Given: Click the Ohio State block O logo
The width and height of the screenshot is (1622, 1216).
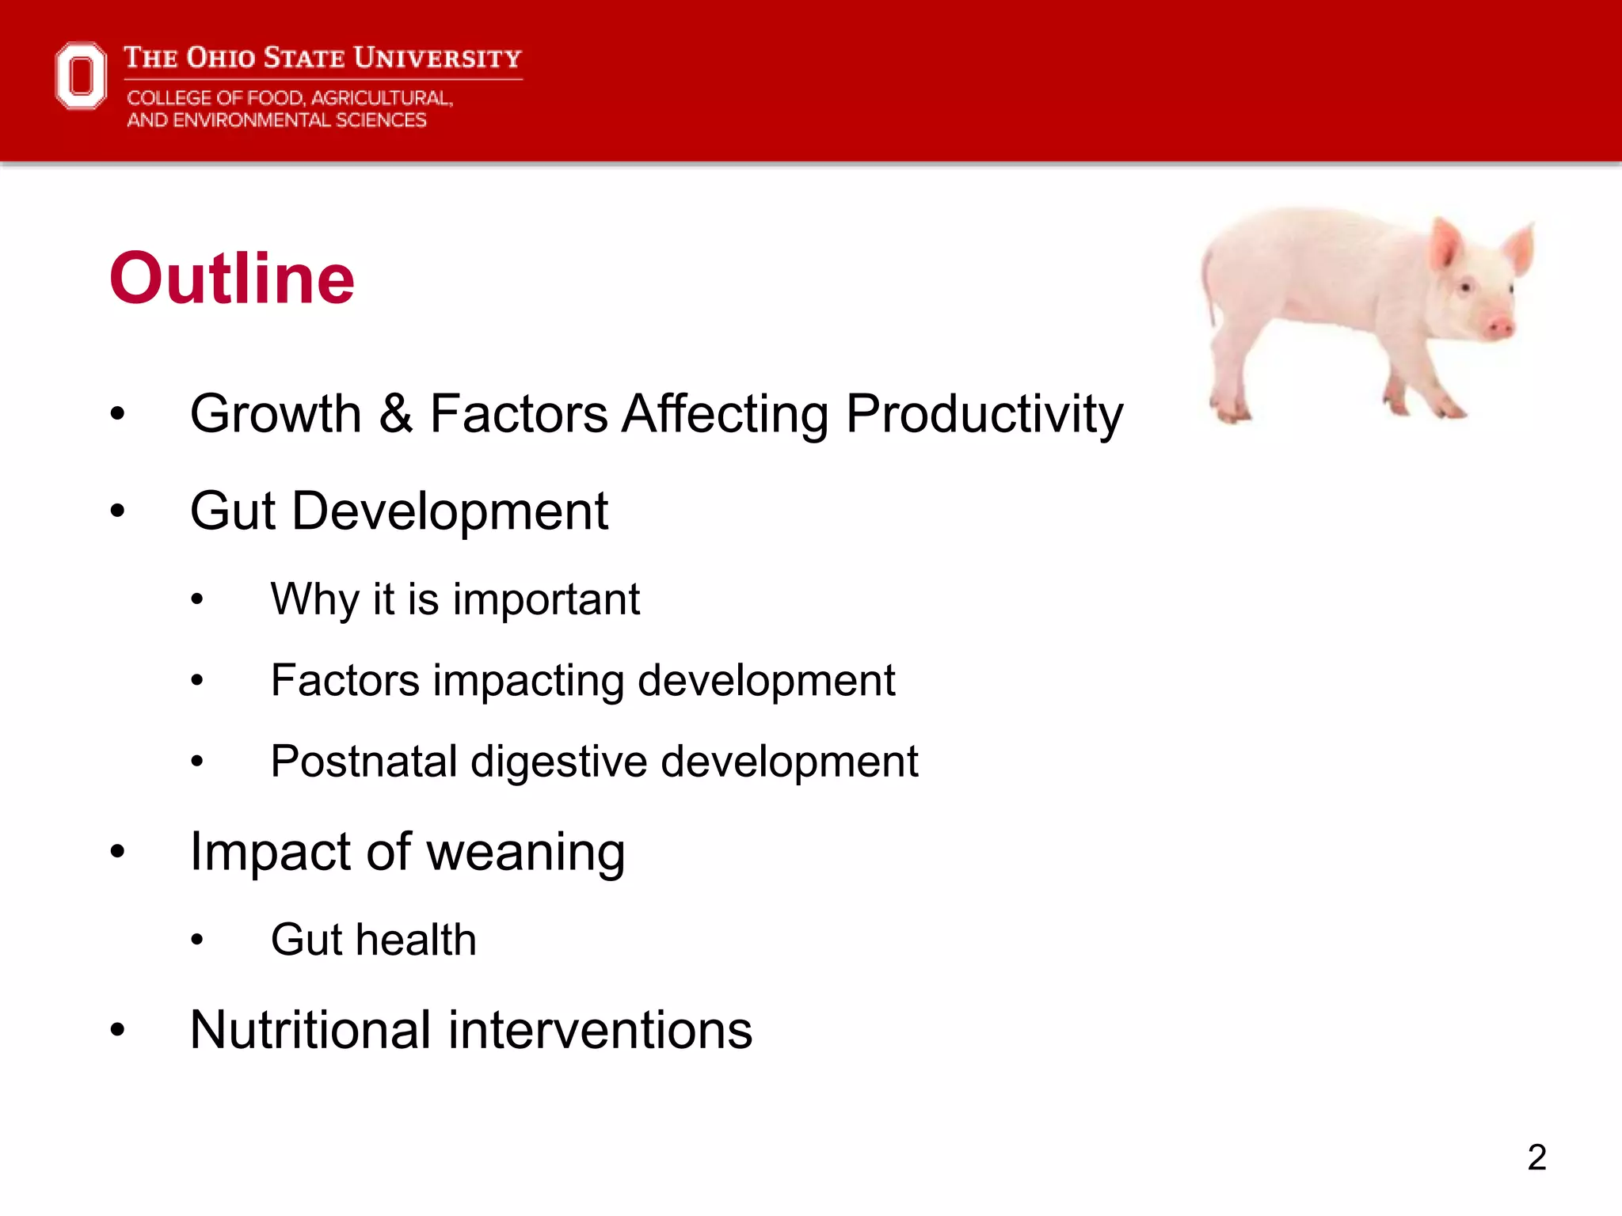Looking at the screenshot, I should click(81, 76).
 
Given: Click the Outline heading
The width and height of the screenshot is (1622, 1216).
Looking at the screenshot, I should click(231, 278).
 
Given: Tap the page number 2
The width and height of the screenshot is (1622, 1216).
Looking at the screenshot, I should click(1536, 1157).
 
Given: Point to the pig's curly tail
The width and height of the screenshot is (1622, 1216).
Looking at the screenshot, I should click(1207, 285).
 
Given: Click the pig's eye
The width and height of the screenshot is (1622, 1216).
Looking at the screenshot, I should click(1465, 287).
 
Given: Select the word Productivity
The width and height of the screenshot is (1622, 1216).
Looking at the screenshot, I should click(984, 414).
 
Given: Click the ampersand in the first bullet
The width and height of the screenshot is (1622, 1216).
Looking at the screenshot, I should click(395, 414).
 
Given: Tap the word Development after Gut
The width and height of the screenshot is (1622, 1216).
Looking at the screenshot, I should click(450, 511).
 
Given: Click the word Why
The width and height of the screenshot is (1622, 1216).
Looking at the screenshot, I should click(314, 599).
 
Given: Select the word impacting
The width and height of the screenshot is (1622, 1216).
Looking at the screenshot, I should click(528, 681).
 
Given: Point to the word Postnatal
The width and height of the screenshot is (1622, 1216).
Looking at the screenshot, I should click(364, 762).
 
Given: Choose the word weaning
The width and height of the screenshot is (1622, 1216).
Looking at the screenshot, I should click(526, 853).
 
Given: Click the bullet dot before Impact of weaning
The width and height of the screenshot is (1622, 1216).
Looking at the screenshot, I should click(118, 853).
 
